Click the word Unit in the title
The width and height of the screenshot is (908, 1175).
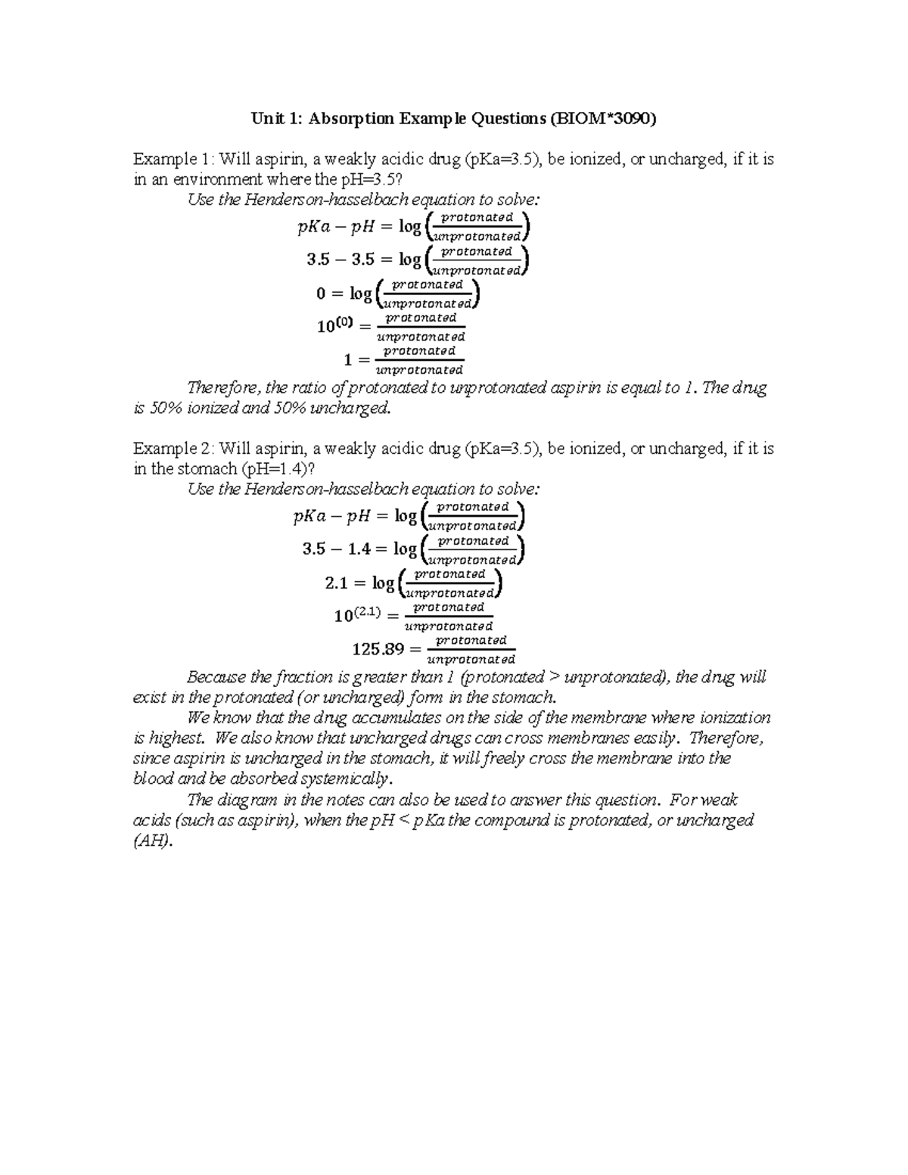coord(266,119)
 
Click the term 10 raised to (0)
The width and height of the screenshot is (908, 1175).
coord(335,326)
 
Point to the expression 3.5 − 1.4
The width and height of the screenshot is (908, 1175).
coord(337,549)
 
